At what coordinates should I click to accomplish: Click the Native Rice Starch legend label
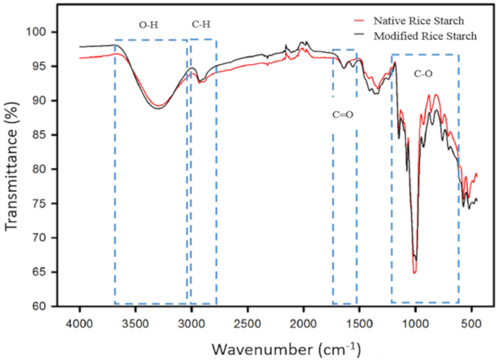[x=419, y=21]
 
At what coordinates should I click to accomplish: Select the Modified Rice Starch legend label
[x=425, y=36]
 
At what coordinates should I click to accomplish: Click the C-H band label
[x=201, y=24]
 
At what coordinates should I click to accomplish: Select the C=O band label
[x=343, y=114]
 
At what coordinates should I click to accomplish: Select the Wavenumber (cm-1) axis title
[x=286, y=347]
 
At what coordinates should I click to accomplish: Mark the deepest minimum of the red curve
[x=414, y=272]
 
